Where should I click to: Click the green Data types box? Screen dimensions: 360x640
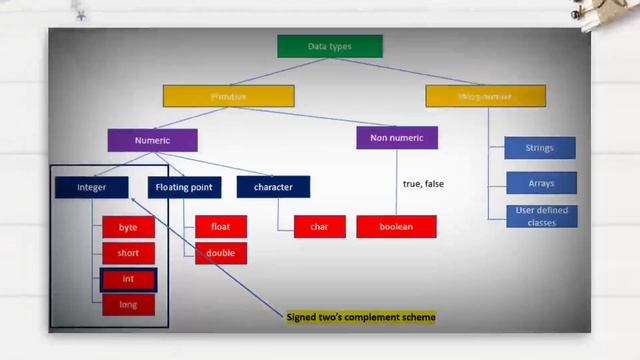point(329,46)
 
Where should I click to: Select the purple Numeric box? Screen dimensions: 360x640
point(152,140)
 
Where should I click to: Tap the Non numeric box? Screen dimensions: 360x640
point(396,138)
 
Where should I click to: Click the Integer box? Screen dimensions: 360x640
point(92,187)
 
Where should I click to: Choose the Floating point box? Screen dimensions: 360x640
point(184,187)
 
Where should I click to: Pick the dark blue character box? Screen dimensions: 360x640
point(273,187)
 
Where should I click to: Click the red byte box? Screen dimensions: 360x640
point(128,227)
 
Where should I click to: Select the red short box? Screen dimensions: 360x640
point(128,253)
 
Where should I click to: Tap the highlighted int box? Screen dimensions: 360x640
point(128,279)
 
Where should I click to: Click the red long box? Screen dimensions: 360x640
point(128,304)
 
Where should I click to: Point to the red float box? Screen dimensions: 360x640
point(220,227)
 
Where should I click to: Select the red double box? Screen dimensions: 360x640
point(220,253)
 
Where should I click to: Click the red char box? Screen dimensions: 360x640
point(319,227)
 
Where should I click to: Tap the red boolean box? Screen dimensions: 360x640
point(396,227)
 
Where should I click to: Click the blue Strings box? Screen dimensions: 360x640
point(539,148)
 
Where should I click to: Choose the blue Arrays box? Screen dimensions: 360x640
point(539,184)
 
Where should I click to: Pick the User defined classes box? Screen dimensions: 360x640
point(539,216)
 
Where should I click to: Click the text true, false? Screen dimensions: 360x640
point(423,184)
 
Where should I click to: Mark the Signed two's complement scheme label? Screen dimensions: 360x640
point(361,317)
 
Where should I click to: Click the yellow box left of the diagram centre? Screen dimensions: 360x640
point(228,96)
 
